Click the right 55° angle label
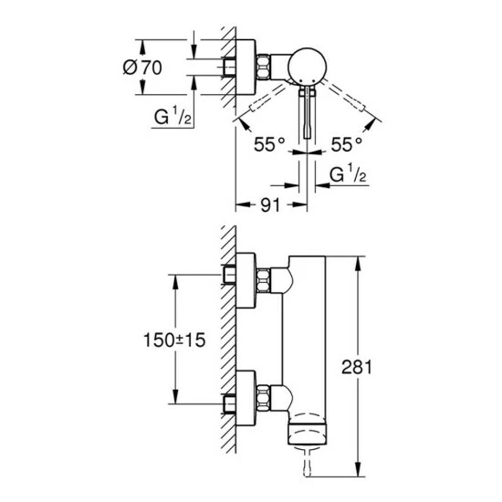tap(348, 144)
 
